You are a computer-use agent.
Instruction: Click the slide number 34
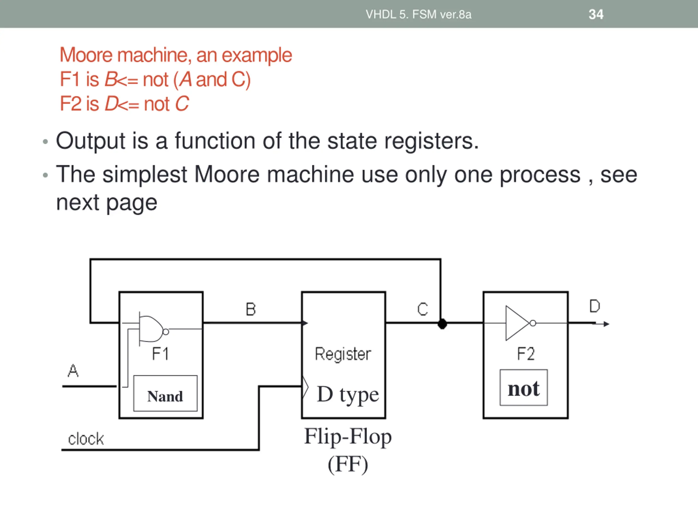pos(596,14)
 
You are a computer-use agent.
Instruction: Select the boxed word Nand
pos(165,396)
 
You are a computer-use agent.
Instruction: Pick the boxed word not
pos(523,389)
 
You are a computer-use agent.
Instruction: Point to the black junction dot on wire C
pos(443,324)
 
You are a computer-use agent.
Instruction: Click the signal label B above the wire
pos(251,309)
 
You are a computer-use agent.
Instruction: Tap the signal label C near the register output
pos(423,309)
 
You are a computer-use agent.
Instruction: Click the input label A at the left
pos(73,371)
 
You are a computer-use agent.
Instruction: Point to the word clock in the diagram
pos(86,439)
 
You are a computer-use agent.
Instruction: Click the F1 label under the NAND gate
pos(160,354)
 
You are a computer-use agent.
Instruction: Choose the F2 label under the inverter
pos(526,354)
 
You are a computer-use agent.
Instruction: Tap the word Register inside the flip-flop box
pos(343,354)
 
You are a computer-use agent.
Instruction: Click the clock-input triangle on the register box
pos(305,387)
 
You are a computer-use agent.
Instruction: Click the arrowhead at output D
pos(606,324)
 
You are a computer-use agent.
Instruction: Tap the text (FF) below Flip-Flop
pos(348,464)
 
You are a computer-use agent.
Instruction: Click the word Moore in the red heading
pos(86,55)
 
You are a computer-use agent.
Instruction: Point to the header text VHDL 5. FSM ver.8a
pos(419,14)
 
